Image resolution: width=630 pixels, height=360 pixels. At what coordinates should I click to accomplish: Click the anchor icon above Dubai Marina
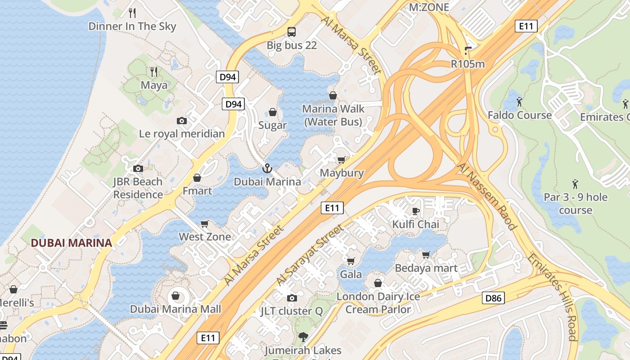pos(267,169)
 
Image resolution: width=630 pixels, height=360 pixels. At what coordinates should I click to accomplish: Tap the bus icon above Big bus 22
pos(292,31)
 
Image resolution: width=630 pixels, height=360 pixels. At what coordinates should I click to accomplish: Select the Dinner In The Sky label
pos(132,26)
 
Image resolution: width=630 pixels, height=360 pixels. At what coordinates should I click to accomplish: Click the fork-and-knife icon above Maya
pos(154,72)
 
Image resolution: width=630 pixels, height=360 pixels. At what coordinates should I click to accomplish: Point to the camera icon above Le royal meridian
pos(182,121)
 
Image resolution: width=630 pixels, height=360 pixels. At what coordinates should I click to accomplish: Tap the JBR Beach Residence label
pos(138,188)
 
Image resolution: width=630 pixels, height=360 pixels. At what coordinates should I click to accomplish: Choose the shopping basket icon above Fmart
pos(197,178)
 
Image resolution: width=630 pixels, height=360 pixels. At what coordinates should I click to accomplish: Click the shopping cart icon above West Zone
pos(205,224)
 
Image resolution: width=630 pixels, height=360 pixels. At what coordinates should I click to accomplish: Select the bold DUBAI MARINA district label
pos(71,243)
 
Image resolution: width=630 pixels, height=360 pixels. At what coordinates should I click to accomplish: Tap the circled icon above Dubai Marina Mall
pos(175,296)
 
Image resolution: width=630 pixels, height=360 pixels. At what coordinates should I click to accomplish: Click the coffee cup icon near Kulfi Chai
pos(415,211)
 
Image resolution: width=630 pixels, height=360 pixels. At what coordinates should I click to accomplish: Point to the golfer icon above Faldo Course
pos(519,102)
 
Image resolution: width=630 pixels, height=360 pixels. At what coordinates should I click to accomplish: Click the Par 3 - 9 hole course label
pos(576,203)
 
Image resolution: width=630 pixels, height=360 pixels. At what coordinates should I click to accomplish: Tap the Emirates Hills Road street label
pos(552,297)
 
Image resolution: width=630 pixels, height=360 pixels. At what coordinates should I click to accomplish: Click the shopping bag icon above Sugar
pos(273,112)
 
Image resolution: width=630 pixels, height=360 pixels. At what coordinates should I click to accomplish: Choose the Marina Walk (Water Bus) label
pos(333,115)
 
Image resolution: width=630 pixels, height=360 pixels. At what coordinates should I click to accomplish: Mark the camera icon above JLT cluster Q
pos(292,298)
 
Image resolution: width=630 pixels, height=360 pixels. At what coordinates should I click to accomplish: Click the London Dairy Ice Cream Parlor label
pos(378,303)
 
